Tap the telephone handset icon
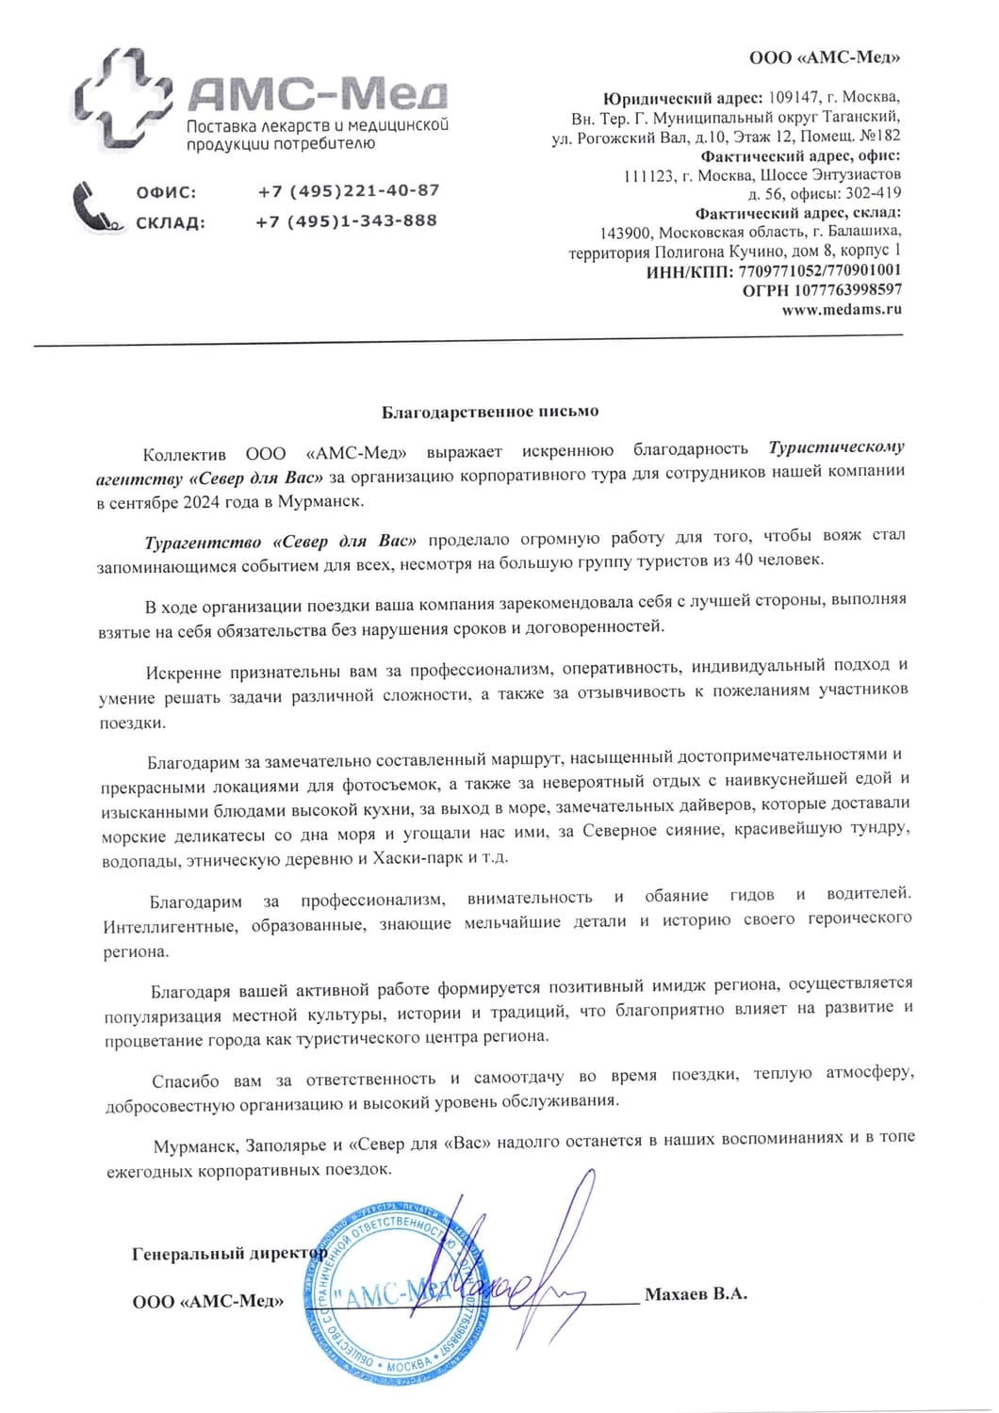coord(95,206)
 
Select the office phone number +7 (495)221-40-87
coord(348,190)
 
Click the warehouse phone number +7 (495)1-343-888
coord(346,221)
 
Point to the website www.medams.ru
coord(841,308)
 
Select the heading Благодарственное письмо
coord(490,412)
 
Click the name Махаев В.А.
coord(696,1293)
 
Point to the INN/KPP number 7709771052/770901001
coord(820,270)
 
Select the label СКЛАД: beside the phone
coord(170,223)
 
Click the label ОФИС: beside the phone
coord(166,192)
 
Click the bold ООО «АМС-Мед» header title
coord(825,58)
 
